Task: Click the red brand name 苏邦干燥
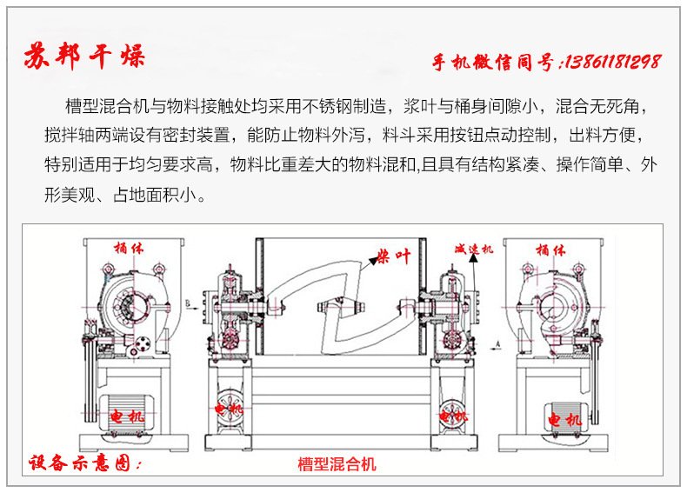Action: (85, 57)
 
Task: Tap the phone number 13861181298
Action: (613, 62)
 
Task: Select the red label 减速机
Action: (474, 249)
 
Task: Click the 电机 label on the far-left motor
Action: (127, 418)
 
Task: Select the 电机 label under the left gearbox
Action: (230, 407)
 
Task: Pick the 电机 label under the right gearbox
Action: (453, 416)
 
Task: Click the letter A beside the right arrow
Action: (496, 344)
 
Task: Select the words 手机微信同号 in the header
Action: (497, 63)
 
